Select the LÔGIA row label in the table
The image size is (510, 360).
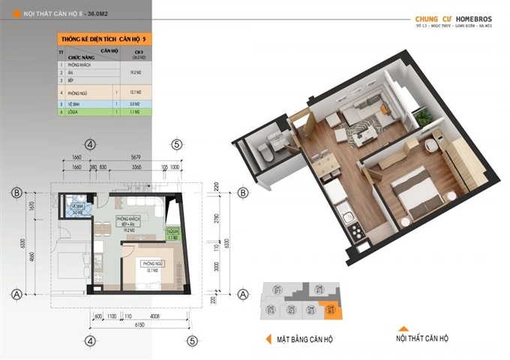76,111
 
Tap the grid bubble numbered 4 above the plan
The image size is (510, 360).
90,144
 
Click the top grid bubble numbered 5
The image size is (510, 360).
177,144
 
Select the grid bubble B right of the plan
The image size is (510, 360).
241,193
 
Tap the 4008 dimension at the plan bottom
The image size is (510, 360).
154,316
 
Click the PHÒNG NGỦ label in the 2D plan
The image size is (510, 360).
153,265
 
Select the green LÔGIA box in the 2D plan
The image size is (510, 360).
172,233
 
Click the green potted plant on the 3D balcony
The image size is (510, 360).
425,115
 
